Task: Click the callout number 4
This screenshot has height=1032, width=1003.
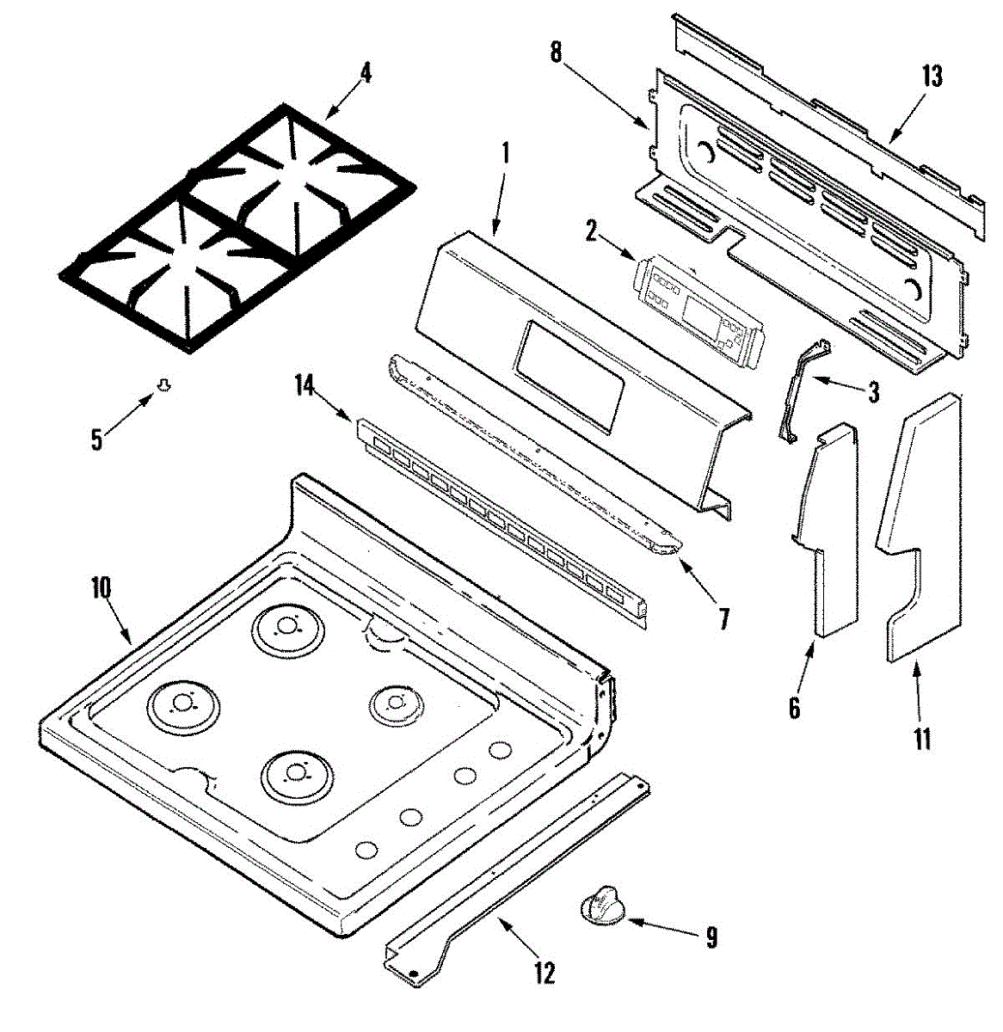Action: pyautogui.click(x=366, y=73)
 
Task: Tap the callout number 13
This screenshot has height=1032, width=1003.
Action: pyautogui.click(x=932, y=77)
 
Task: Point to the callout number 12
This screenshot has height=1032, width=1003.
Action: pyautogui.click(x=544, y=973)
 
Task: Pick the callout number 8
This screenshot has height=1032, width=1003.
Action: pyautogui.click(x=556, y=52)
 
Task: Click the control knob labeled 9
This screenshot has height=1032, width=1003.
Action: pyautogui.click(x=602, y=906)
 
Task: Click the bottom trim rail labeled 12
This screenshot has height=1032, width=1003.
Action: pyautogui.click(x=516, y=869)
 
